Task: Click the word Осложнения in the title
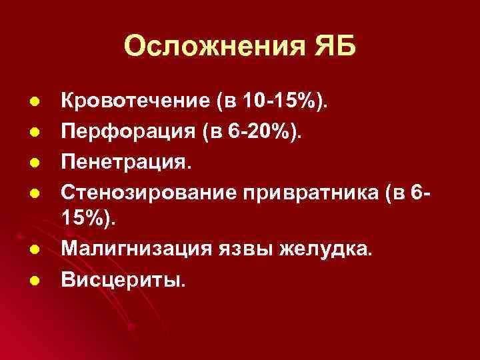pyautogui.click(x=211, y=47)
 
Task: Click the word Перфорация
pyautogui.click(x=117, y=131)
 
